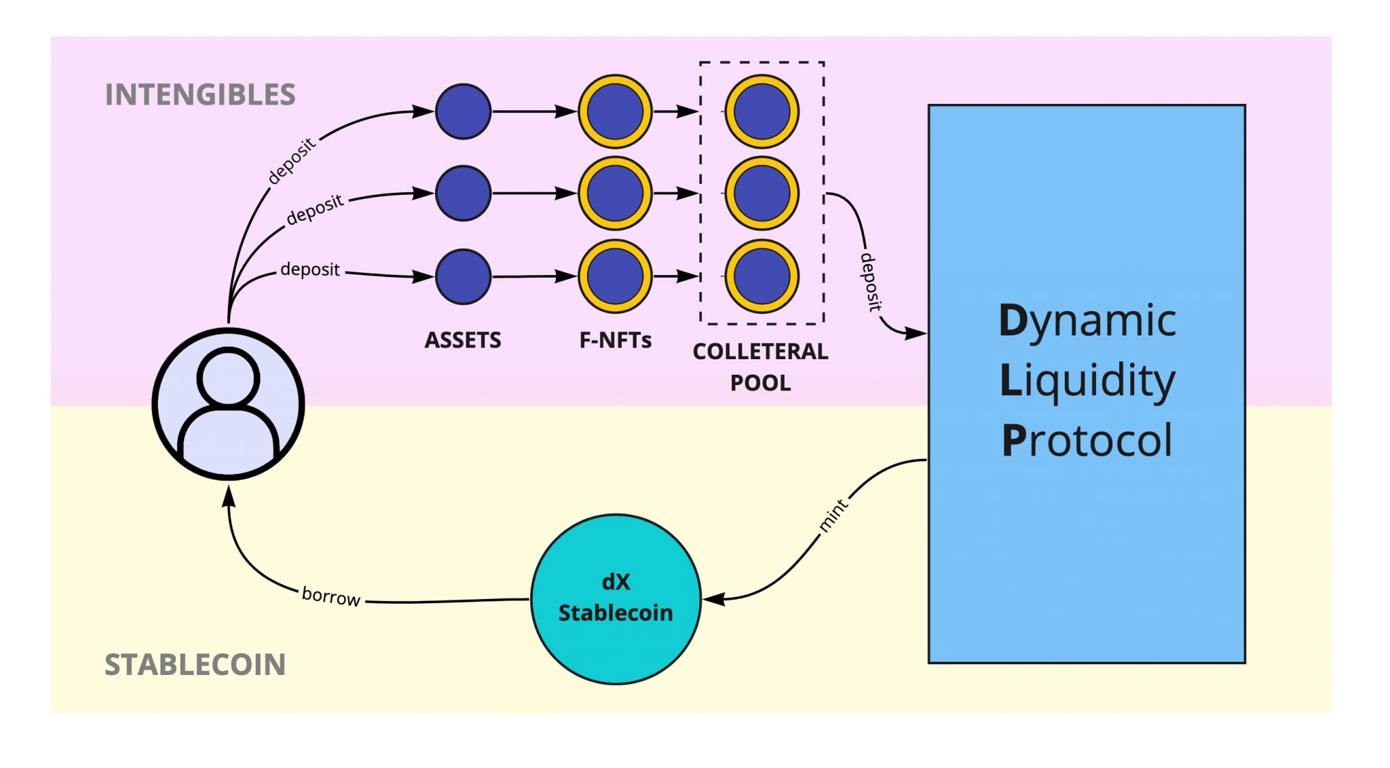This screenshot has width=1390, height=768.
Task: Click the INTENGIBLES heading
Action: pyautogui.click(x=200, y=94)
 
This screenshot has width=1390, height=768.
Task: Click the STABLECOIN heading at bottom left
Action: pyautogui.click(x=195, y=664)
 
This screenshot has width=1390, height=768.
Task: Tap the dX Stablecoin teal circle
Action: pyautogui.click(x=616, y=598)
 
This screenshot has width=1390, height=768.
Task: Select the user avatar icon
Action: pyautogui.click(x=228, y=404)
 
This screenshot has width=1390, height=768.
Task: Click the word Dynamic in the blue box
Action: pyautogui.click(x=1087, y=321)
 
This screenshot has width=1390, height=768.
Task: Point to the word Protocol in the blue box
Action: pyautogui.click(x=1087, y=441)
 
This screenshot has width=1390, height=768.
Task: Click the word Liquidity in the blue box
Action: pyautogui.click(x=1087, y=380)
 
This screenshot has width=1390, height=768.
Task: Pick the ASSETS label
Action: pyautogui.click(x=463, y=340)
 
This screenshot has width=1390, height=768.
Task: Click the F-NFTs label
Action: pyautogui.click(x=615, y=340)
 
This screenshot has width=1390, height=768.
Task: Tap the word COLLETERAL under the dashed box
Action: pyautogui.click(x=760, y=351)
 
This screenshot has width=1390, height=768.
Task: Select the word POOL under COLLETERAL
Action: pyautogui.click(x=760, y=383)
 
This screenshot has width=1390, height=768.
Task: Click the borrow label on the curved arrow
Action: pyautogui.click(x=331, y=596)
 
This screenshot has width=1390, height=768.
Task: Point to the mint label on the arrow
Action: pyautogui.click(x=833, y=515)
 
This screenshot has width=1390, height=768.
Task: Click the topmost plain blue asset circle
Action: pyautogui.click(x=463, y=111)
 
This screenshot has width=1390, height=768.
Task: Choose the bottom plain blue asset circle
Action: pyautogui.click(x=463, y=276)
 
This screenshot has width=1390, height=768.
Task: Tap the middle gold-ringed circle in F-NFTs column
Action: pyautogui.click(x=615, y=194)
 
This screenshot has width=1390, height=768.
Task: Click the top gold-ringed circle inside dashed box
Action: pyautogui.click(x=762, y=111)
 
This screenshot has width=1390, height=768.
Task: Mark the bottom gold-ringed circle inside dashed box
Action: pyautogui.click(x=762, y=276)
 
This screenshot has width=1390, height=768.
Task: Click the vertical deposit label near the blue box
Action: pyautogui.click(x=870, y=282)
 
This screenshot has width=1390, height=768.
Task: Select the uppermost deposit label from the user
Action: pyautogui.click(x=291, y=161)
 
